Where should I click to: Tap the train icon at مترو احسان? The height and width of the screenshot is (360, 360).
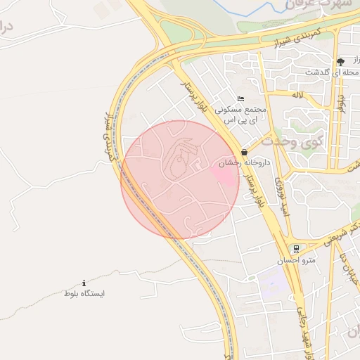click(x=297, y=248)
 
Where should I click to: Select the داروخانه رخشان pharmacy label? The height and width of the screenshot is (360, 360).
click(x=236, y=162)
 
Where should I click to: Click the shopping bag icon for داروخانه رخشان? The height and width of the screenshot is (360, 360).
click(x=243, y=151)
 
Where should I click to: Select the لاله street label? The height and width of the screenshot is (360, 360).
click(x=298, y=94)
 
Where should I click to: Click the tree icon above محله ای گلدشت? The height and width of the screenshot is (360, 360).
click(x=340, y=61)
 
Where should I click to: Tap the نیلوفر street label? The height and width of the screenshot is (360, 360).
click(x=341, y=102)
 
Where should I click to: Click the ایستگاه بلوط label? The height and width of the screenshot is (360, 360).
click(x=84, y=292)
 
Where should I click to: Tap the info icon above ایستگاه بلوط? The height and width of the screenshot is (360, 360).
click(x=84, y=282)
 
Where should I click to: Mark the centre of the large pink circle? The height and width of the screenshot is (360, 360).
click(x=181, y=180)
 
